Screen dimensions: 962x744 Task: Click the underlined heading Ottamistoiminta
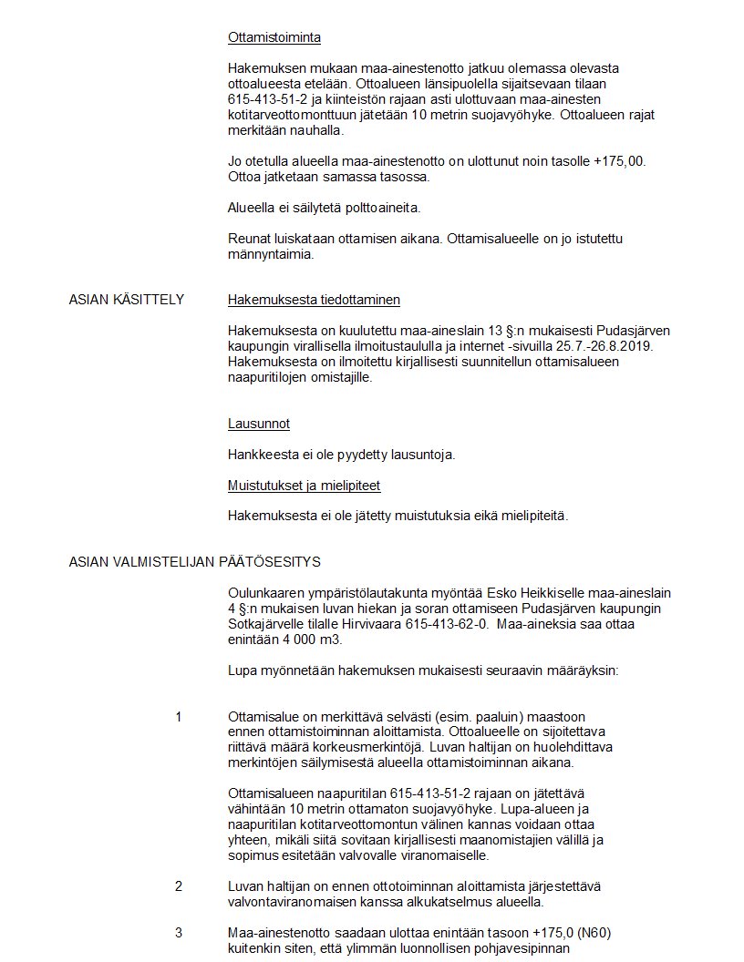click(x=274, y=38)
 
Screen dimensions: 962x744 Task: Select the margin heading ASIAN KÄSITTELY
click(x=127, y=300)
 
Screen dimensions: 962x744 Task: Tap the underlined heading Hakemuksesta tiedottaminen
click(x=314, y=300)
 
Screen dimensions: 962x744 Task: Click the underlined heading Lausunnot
click(x=259, y=424)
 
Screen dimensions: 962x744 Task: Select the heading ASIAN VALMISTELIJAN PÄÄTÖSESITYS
click(x=194, y=561)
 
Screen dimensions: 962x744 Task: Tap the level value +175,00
click(x=617, y=161)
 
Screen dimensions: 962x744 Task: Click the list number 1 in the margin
click(x=179, y=717)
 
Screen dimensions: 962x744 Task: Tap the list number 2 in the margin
click(x=179, y=886)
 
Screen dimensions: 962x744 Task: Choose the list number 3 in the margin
click(x=179, y=933)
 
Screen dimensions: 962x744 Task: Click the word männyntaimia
click(x=271, y=255)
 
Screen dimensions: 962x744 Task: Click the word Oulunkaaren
click(x=270, y=592)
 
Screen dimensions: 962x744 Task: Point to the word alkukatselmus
click(x=443, y=902)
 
